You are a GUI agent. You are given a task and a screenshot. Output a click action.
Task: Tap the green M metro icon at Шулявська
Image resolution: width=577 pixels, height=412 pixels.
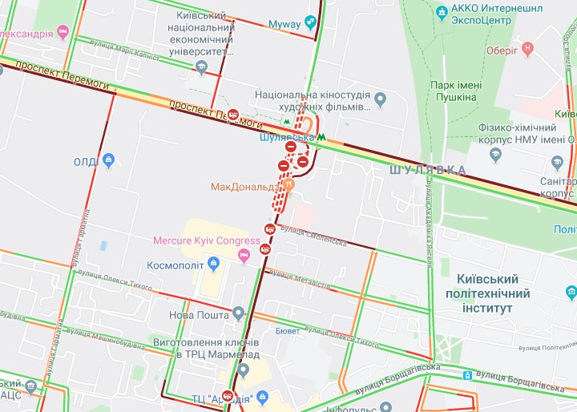click(x=321, y=137)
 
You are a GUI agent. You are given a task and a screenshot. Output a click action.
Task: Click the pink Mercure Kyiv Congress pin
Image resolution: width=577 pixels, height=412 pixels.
click(x=245, y=255)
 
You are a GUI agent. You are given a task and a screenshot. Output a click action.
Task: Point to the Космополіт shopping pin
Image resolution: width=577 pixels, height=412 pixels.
click(x=213, y=264)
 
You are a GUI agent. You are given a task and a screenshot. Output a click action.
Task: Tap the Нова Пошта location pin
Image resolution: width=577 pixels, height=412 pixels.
click(x=238, y=312)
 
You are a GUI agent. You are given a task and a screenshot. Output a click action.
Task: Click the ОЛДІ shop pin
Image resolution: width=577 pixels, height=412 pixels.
click(x=108, y=162)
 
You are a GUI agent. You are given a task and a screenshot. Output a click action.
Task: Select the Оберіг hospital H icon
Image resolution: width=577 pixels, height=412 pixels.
click(x=527, y=49)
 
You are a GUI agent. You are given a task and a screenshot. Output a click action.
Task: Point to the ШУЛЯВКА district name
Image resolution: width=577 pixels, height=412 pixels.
click(x=427, y=170)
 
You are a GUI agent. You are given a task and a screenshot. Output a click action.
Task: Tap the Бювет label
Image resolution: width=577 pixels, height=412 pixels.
click(x=287, y=330)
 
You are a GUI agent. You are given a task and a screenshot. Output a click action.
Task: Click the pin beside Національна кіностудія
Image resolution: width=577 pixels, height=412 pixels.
click(x=381, y=100)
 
